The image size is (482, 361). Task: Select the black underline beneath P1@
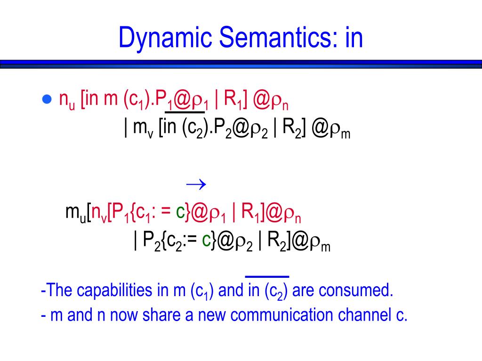pyautogui.click(x=185, y=112)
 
